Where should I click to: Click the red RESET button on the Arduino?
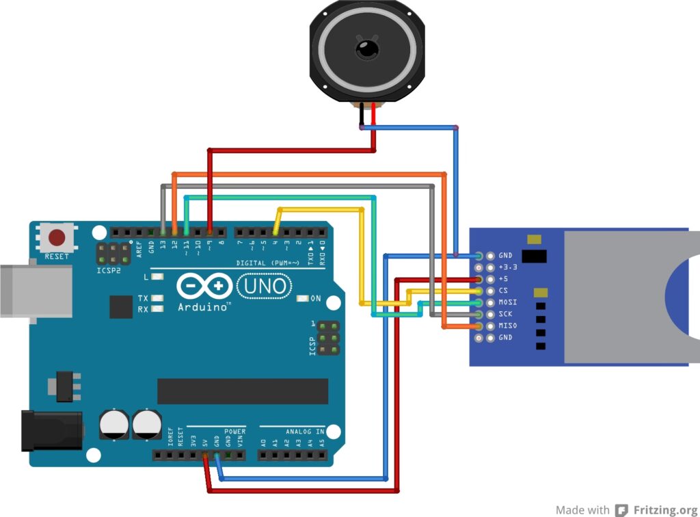click(56, 238)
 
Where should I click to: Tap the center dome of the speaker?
click(366, 49)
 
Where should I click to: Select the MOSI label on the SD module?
click(508, 302)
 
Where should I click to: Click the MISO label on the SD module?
click(508, 326)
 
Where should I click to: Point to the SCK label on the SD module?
click(506, 314)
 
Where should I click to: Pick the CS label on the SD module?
click(503, 291)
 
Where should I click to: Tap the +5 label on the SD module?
click(503, 279)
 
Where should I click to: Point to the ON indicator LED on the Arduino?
click(304, 299)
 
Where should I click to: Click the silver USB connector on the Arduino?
click(34, 291)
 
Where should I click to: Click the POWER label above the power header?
click(234, 432)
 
